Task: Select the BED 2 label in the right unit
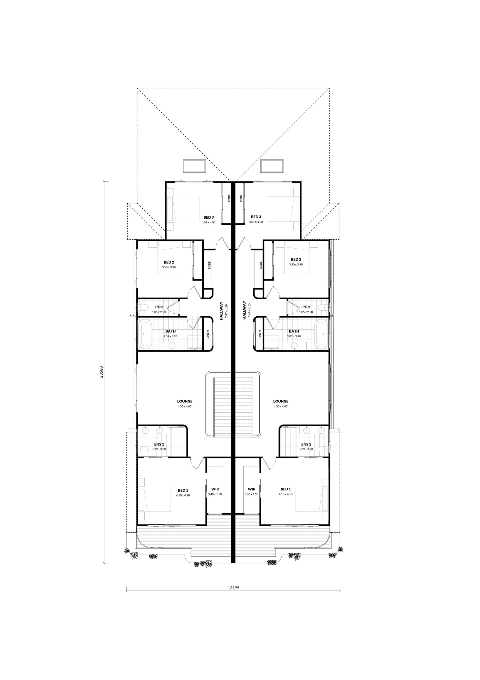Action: [296, 260]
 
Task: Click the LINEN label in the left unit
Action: [208, 334]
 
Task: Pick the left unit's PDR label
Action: [159, 307]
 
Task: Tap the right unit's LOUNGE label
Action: [281, 401]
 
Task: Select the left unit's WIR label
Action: [215, 489]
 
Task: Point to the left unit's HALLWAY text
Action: [221, 311]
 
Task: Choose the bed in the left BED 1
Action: [154, 499]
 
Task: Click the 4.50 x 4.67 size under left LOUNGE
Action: [185, 406]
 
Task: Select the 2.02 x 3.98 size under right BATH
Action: [294, 337]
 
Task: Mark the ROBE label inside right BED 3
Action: [241, 198]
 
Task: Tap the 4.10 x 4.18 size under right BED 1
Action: [285, 494]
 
